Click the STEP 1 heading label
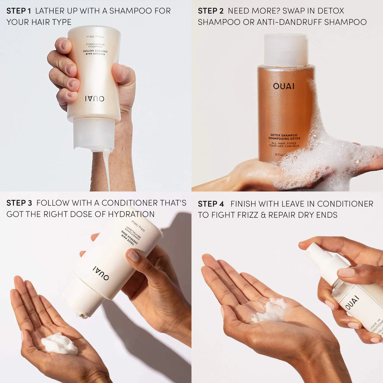coord(19,11)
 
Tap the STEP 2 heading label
coord(211,11)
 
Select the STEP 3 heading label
coord(19,203)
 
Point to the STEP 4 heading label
coord(211,204)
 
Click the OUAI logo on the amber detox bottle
coord(284,86)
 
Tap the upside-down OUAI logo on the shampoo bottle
coord(94,98)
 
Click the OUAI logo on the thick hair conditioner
coord(101,273)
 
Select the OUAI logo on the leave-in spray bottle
coord(352,302)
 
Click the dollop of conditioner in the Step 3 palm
coord(59,344)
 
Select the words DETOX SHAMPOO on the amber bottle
coord(284,135)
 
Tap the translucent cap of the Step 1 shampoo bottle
coord(94,134)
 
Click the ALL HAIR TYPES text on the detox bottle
coord(284,143)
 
